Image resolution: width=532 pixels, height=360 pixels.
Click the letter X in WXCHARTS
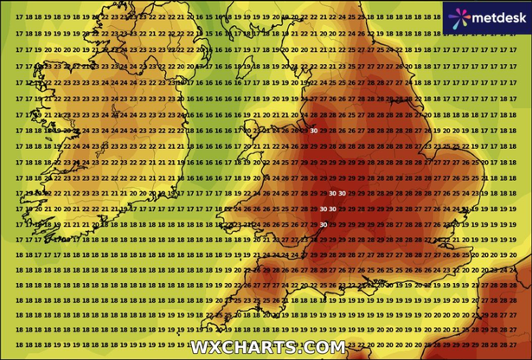click(212, 347)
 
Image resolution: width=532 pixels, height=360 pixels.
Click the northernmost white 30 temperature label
click(313, 131)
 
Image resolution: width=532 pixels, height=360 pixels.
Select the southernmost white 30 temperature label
click(323, 224)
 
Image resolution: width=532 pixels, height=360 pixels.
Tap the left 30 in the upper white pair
click(332, 193)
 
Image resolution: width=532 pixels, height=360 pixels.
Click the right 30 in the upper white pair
click(343, 193)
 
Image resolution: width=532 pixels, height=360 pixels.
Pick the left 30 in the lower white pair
click(323, 209)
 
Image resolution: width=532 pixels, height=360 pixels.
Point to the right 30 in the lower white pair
click(333, 209)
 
